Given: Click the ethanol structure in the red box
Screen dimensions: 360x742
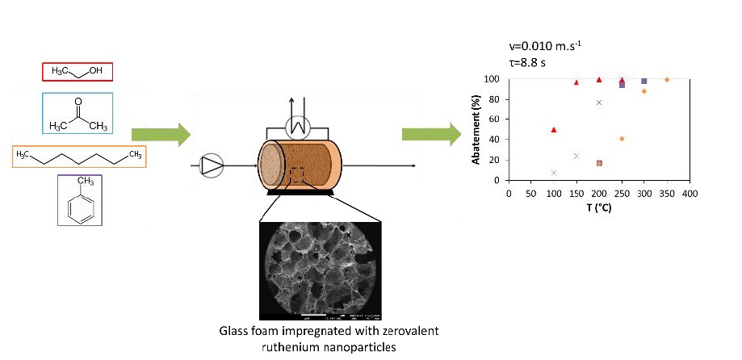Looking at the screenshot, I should coord(77,72).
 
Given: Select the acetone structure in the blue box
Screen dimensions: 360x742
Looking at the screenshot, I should coord(77,113).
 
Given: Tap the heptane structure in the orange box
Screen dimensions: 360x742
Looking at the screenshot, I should coord(79,156).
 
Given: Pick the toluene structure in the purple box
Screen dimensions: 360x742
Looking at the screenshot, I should coord(79,199).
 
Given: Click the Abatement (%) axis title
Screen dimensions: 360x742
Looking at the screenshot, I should coord(476,130).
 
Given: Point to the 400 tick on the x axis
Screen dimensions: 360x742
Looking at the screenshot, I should coord(689,194).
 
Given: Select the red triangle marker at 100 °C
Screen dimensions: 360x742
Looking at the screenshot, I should coord(554,130).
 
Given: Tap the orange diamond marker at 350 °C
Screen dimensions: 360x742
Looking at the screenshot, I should coord(667,80).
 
